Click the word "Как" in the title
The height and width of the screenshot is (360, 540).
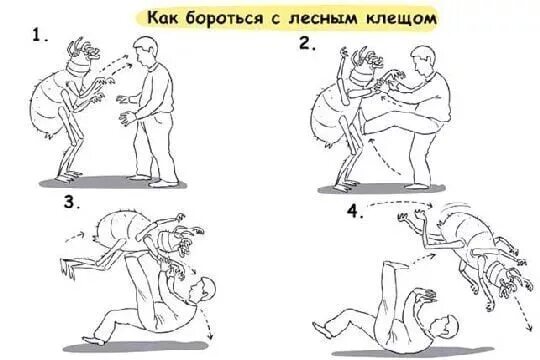[x=163, y=18]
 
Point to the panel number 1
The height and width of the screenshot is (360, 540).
[x=39, y=35]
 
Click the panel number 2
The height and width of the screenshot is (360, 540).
[x=307, y=43]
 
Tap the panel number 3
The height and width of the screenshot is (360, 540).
[x=71, y=202]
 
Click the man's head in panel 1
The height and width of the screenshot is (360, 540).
[x=145, y=51]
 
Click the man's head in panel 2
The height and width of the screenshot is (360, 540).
[x=423, y=60]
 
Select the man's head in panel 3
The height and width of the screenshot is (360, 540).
[x=202, y=290]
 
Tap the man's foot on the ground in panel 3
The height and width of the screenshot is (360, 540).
[x=93, y=341]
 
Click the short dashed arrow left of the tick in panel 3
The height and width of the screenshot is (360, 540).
[x=75, y=237]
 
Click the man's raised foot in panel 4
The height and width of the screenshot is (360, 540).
[x=397, y=265]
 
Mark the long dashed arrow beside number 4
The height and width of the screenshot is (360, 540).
[x=399, y=203]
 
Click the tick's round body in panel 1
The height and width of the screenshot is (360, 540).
[x=48, y=103]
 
